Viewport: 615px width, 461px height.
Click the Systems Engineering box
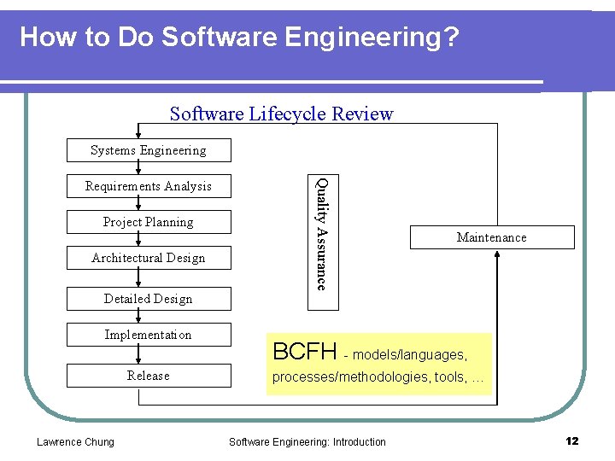[x=149, y=150]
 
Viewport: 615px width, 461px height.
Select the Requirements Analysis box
[x=149, y=186]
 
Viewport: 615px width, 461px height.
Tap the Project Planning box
[x=149, y=222]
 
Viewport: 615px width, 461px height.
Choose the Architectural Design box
[x=149, y=258]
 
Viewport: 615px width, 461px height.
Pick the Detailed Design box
[x=149, y=299]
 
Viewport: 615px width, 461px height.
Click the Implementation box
[x=149, y=335]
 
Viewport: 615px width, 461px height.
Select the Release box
[x=149, y=376]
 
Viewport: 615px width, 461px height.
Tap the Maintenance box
[x=491, y=237]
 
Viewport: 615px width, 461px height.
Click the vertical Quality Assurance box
[x=322, y=233]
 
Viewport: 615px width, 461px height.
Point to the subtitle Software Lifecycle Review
[x=281, y=114]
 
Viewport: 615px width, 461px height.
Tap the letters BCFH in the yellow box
[x=304, y=351]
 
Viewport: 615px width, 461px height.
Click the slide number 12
[x=571, y=441]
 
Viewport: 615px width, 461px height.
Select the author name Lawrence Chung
[x=75, y=441]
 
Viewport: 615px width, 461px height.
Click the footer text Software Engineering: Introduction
[x=307, y=441]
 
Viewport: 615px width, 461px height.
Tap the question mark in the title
[x=453, y=38]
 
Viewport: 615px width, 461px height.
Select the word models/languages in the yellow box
[x=408, y=354]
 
